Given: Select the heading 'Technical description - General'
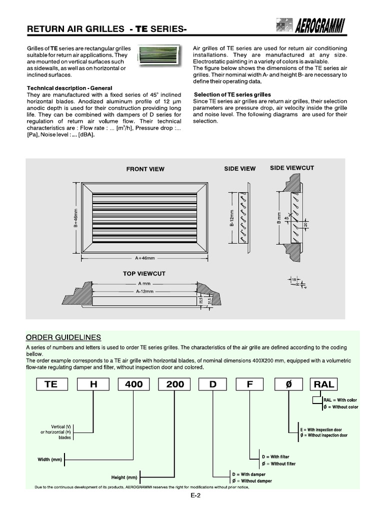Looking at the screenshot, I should [69, 88].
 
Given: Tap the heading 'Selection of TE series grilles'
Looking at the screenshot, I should [232, 94].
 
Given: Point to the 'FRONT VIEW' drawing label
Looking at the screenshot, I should [145, 169].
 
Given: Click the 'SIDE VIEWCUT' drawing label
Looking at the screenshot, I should [292, 168].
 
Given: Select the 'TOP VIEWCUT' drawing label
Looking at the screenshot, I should [144, 274].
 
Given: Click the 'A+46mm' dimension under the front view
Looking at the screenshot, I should [144, 258].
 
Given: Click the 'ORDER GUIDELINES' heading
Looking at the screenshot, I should [63, 337].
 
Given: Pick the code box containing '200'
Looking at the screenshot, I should [174, 384].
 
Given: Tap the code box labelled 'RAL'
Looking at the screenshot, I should [323, 384].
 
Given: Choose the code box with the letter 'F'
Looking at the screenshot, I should [251, 384].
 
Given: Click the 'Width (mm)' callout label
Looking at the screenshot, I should [49, 459].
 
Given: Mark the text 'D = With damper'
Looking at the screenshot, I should [248, 474].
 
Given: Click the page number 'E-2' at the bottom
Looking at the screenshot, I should [195, 496].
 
